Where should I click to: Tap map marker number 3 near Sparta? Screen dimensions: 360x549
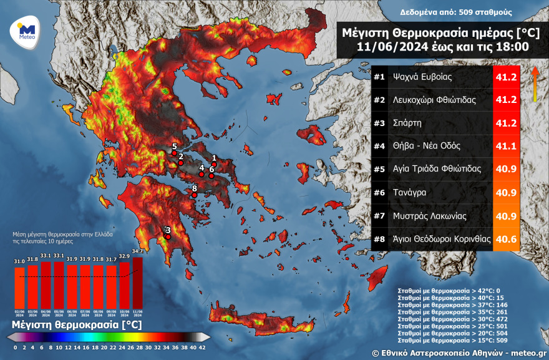[167, 236]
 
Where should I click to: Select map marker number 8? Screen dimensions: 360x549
[194, 195]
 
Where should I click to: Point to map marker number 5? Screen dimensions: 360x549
[174, 153]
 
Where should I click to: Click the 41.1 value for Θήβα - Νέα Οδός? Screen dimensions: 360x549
[505, 146]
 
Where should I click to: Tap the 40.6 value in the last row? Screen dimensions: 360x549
[505, 239]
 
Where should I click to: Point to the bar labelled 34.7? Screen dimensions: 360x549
[137, 280]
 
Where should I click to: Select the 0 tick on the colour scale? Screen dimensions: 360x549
[15, 347]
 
